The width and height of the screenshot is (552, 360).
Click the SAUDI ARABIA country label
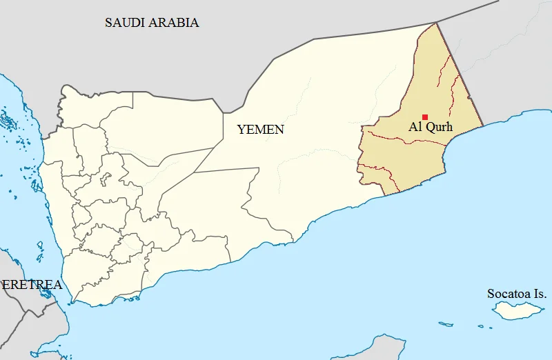point(152,23)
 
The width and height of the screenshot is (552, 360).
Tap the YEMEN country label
point(260,129)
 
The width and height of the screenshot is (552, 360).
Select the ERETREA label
point(31,285)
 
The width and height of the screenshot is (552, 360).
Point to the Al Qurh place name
point(431,127)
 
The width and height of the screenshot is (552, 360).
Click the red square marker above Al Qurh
point(425,117)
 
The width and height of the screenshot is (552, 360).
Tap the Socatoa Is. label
point(517,294)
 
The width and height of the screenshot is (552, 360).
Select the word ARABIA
point(177,23)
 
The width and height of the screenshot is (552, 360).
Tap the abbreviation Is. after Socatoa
point(540,294)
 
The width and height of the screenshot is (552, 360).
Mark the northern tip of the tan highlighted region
point(436,23)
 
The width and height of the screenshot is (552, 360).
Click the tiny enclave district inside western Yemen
point(105,181)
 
